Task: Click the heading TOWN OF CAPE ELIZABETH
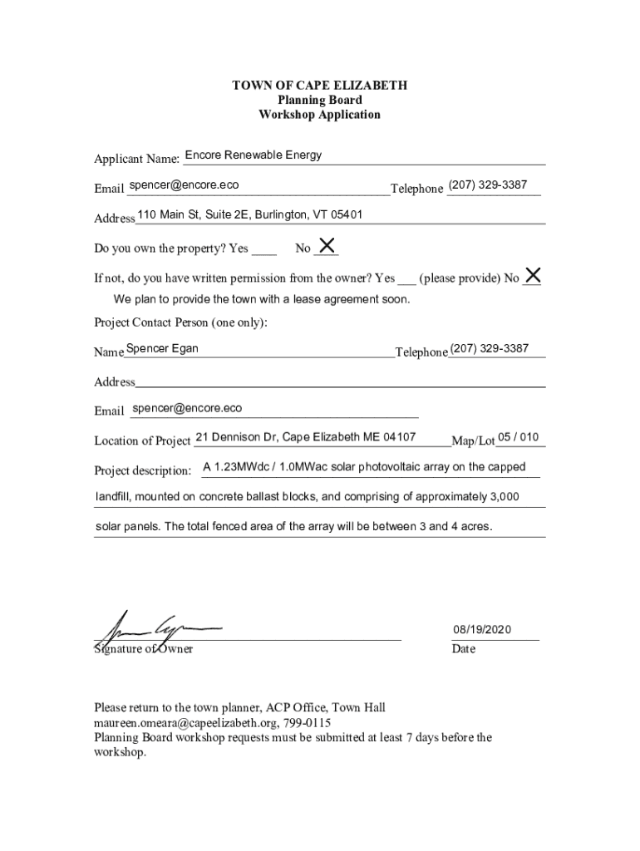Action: coord(319,86)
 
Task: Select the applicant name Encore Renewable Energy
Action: coord(253,155)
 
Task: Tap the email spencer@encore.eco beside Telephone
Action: coord(184,185)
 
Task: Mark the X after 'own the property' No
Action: coord(327,245)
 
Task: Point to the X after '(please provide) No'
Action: coord(533,275)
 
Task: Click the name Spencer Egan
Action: coord(162,349)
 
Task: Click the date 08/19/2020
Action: coord(482,630)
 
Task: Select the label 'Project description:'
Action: coord(143,471)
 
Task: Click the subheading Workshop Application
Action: coord(319,115)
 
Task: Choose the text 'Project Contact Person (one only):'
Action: coord(180,322)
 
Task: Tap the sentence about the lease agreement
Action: coord(261,299)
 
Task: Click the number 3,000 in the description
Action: coord(504,497)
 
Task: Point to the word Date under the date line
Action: coord(464,649)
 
